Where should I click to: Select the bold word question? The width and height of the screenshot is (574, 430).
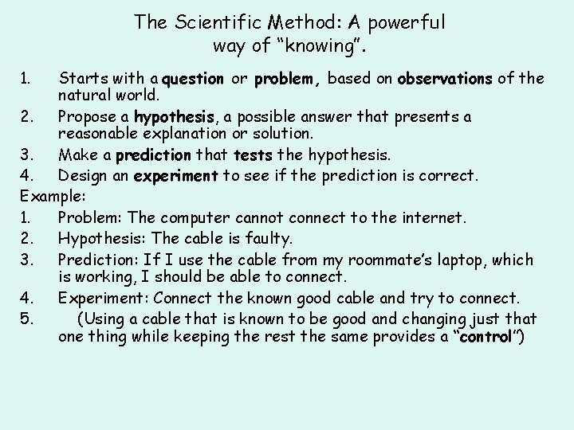192,79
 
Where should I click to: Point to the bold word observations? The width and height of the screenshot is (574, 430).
445,79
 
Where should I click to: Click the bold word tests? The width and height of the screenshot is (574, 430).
253,155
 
